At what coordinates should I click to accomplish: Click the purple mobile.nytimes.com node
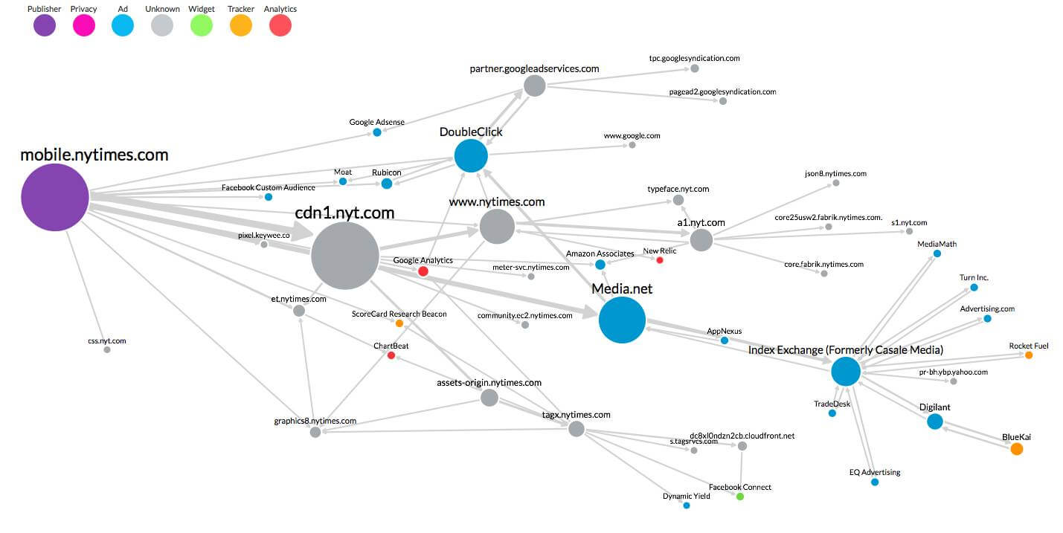[x=55, y=197]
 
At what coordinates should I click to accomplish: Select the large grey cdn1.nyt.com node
[x=345, y=256]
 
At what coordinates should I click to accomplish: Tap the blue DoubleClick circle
[x=471, y=155]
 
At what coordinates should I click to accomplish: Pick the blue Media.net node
[x=622, y=320]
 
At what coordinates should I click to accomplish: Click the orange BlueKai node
[x=1016, y=448]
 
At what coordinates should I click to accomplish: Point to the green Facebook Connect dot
[x=740, y=497]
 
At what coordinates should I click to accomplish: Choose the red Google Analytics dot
[x=423, y=271]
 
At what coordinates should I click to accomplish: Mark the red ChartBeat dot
[x=391, y=355]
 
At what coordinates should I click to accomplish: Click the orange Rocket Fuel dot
[x=1029, y=355]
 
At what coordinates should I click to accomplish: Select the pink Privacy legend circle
[x=83, y=25]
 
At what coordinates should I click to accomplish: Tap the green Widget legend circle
[x=201, y=25]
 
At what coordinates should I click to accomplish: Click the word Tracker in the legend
[x=240, y=8]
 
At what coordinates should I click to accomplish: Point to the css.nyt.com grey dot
[x=107, y=350]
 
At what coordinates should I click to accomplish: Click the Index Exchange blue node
[x=846, y=371]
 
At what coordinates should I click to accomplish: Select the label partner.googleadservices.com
[x=534, y=68]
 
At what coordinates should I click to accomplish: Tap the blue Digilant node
[x=935, y=421]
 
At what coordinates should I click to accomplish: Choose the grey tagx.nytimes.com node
[x=577, y=429]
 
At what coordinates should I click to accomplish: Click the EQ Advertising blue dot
[x=875, y=482]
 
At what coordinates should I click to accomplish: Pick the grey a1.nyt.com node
[x=701, y=240]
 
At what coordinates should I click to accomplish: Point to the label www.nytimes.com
[x=497, y=202]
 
